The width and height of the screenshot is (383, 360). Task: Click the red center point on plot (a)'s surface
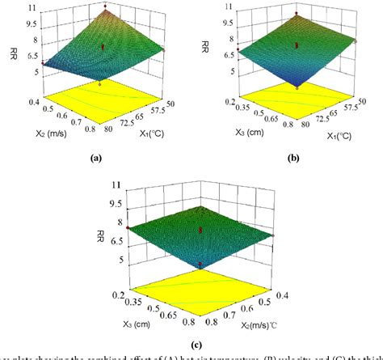[x=103, y=48]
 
